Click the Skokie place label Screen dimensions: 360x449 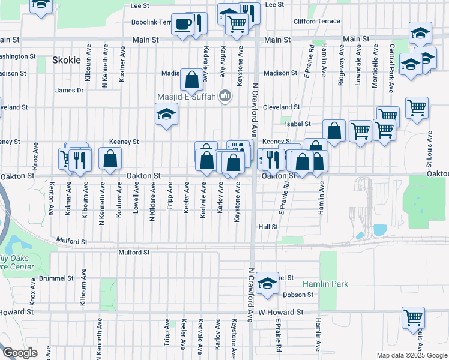[x=66, y=60]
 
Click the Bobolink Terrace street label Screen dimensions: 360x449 [x=152, y=22]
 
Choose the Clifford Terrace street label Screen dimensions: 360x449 [x=316, y=21]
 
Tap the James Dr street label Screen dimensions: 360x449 [x=69, y=91]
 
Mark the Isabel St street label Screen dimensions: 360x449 [x=298, y=124]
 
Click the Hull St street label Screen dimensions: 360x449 [x=268, y=227]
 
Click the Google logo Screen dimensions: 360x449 [x=20, y=353]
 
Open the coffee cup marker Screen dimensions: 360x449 [x=183, y=25]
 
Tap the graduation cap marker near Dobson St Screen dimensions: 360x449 [x=266, y=284]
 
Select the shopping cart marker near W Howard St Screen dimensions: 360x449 [x=413, y=318]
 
